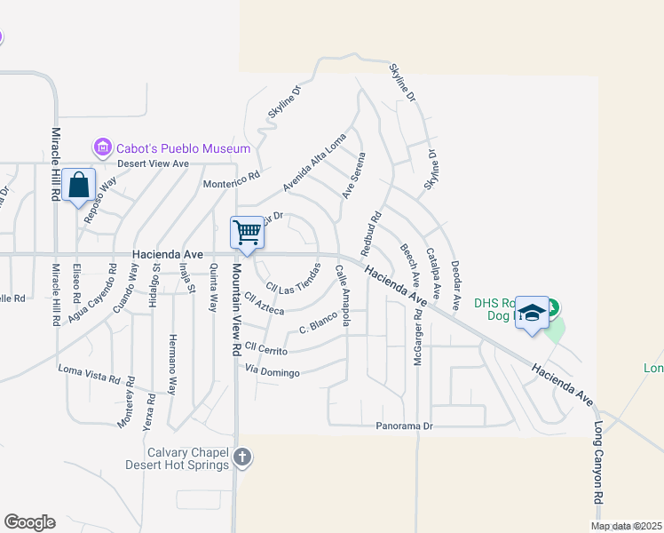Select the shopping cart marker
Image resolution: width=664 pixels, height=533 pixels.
coord(248,233)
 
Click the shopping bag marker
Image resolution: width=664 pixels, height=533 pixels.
coord(79,186)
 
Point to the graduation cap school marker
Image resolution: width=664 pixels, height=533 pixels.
coord(532,313)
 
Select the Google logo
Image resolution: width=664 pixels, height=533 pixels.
coord(29,522)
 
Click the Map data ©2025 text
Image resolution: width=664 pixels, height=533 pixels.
coord(627,526)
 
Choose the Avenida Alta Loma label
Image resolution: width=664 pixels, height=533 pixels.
coord(314,169)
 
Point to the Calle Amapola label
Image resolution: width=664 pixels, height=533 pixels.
coord(340,300)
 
